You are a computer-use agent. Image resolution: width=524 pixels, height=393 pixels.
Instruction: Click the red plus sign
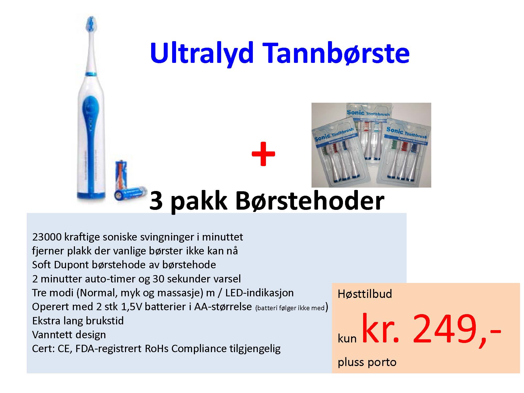pos(263,154)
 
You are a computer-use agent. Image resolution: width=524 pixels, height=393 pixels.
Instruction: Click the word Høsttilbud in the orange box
pos(365,294)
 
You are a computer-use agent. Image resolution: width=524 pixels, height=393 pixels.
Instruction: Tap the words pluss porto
pos(367,363)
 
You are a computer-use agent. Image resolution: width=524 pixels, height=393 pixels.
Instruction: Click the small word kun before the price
pos(347,339)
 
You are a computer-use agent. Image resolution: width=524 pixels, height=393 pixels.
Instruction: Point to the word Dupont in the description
pos(71,265)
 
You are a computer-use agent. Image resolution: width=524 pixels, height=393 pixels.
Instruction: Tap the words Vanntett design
pos(69,335)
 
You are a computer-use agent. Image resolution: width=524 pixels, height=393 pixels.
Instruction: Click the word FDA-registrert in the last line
pos(109,348)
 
